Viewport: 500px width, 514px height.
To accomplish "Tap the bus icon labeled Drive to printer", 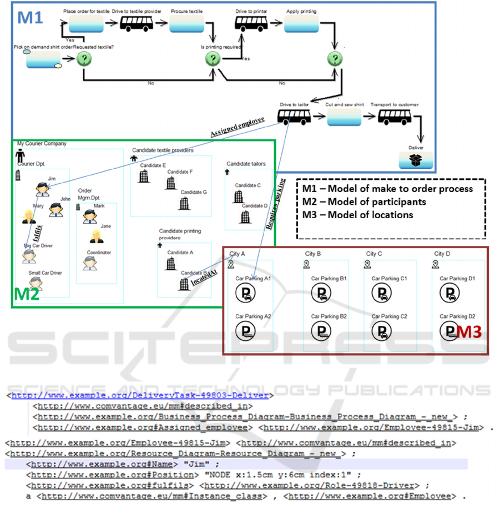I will pyautogui.click(x=251, y=23).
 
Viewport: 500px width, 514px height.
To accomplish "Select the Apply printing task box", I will pyautogui.click(x=301, y=23).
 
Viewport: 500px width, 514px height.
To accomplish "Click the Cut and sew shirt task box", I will pyautogui.click(x=344, y=117).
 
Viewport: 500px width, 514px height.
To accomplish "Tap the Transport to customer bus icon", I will pyautogui.click(x=395, y=117).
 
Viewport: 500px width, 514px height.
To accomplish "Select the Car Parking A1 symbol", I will pyautogui.click(x=245, y=292).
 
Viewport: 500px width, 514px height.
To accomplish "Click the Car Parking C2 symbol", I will pyautogui.click(x=382, y=330).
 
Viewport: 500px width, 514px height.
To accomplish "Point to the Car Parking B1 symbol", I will pyautogui.click(x=321, y=292).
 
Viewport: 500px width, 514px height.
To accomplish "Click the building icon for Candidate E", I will pyautogui.click(x=144, y=177).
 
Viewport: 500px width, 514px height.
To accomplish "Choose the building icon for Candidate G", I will pyautogui.click(x=183, y=203).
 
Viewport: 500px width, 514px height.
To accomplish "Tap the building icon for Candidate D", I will pyautogui.click(x=245, y=217).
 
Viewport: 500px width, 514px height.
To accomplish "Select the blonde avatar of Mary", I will pyautogui.click(x=28, y=216).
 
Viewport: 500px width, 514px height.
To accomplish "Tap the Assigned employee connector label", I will pyautogui.click(x=237, y=126).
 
